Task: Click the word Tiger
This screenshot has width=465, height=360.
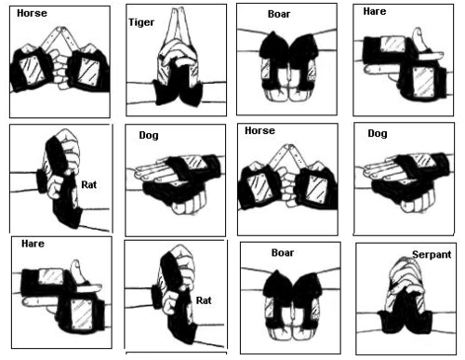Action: (x=141, y=22)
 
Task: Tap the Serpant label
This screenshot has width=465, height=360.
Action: (x=432, y=255)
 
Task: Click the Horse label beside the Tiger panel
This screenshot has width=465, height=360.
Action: (x=32, y=13)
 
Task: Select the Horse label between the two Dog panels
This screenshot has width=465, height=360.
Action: (x=259, y=130)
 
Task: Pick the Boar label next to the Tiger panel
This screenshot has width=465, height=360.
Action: (x=279, y=14)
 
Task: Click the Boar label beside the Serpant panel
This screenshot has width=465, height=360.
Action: (x=283, y=253)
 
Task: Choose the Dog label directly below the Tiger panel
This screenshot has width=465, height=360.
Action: (x=149, y=135)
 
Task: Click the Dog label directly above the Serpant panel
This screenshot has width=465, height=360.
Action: (x=378, y=134)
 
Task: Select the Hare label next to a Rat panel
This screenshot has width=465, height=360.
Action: (x=33, y=244)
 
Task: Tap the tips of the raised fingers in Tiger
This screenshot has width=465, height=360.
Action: (x=176, y=10)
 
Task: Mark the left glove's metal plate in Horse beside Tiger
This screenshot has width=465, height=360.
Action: (x=32, y=70)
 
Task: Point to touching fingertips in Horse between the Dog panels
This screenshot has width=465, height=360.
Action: (x=288, y=146)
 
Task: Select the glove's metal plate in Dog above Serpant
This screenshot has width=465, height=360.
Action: (x=422, y=160)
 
